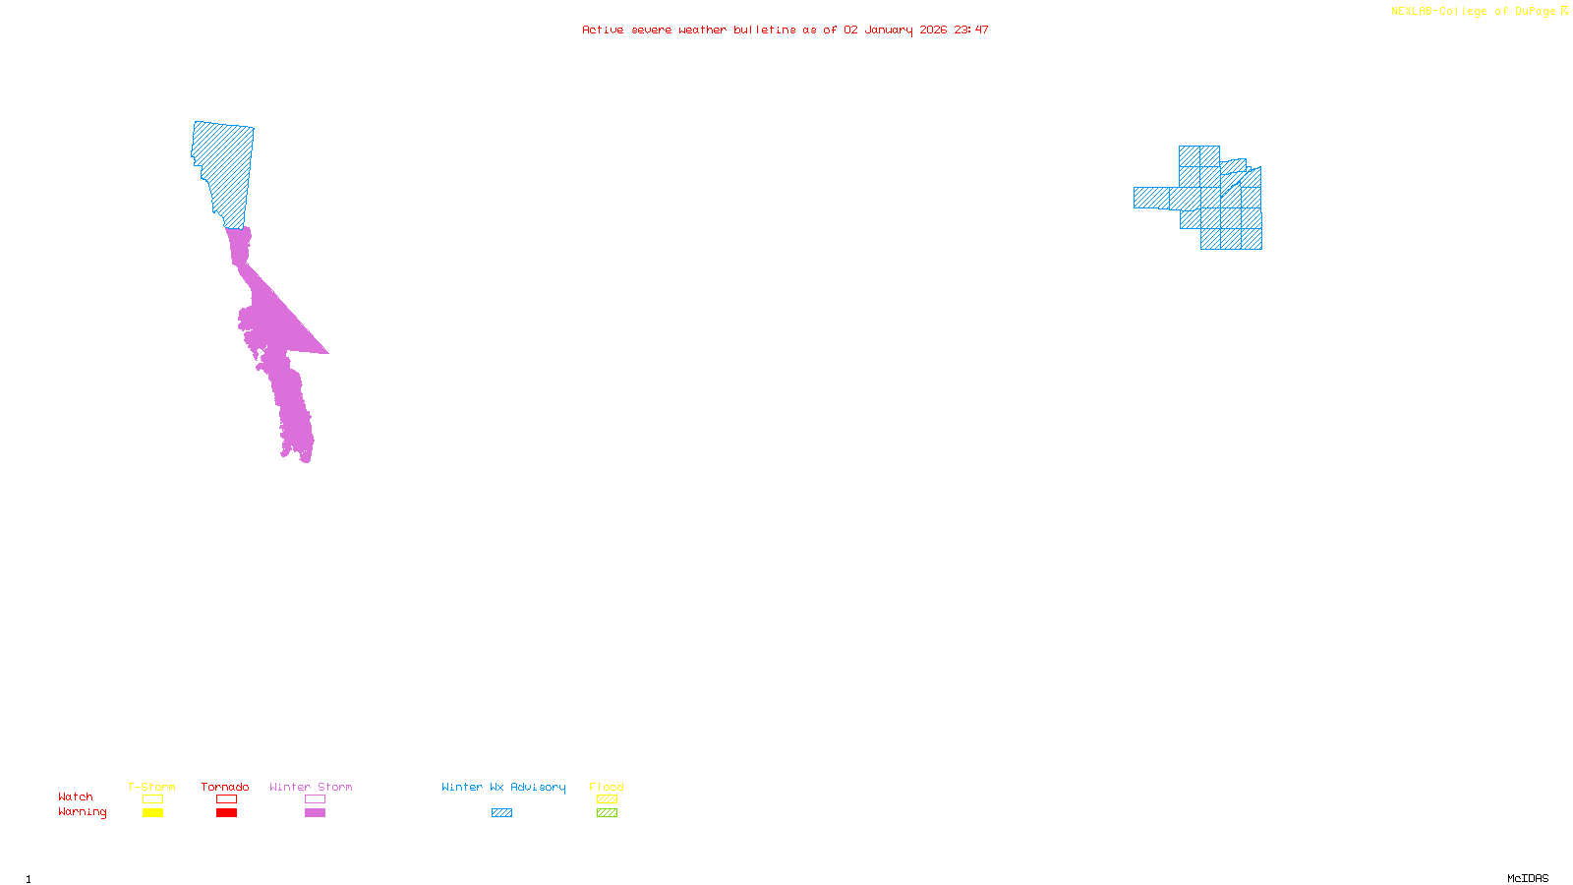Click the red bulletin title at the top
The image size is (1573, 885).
point(785,29)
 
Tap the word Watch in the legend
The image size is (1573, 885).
point(76,796)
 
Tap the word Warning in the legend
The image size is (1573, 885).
point(82,812)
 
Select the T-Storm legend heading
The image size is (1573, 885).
point(151,787)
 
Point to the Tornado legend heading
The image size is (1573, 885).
point(225,787)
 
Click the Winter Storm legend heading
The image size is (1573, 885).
point(311,787)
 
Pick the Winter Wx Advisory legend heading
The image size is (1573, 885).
point(503,787)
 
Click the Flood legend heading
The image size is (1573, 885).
point(607,787)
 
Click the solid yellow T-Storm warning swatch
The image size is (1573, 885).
point(152,813)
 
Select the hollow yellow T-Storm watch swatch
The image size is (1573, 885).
point(152,799)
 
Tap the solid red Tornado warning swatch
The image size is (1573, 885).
point(227,813)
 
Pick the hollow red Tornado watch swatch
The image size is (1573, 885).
point(227,799)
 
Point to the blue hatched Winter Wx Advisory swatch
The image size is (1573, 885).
point(501,813)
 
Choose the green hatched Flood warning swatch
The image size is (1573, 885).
point(607,813)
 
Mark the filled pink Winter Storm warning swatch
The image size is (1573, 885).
point(315,813)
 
